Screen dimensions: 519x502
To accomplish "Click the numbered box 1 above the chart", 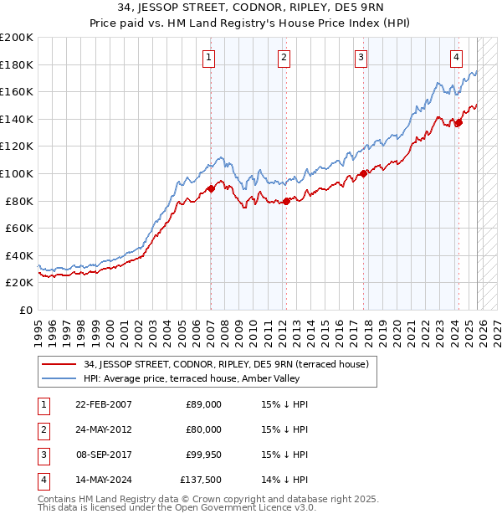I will pyautogui.click(x=208, y=58).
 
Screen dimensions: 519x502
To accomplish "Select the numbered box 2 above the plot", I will pyautogui.click(x=284, y=58).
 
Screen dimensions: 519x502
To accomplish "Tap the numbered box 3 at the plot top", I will pyautogui.click(x=361, y=58).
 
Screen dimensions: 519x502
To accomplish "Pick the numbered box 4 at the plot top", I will pyautogui.click(x=457, y=58).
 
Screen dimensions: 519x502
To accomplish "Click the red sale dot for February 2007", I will pyautogui.click(x=211, y=188).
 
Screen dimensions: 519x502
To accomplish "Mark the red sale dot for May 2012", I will pyautogui.click(x=286, y=201).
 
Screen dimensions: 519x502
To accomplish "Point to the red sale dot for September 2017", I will pyautogui.click(x=363, y=174).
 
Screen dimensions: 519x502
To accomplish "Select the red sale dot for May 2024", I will pyautogui.click(x=458, y=123).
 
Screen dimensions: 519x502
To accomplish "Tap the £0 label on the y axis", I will pyautogui.click(x=27, y=310).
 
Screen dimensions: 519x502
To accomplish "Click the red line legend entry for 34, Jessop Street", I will pyautogui.click(x=220, y=363).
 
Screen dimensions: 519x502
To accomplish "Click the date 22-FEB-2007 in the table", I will pyautogui.click(x=103, y=404).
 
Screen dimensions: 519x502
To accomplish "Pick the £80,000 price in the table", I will pyautogui.click(x=203, y=429).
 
